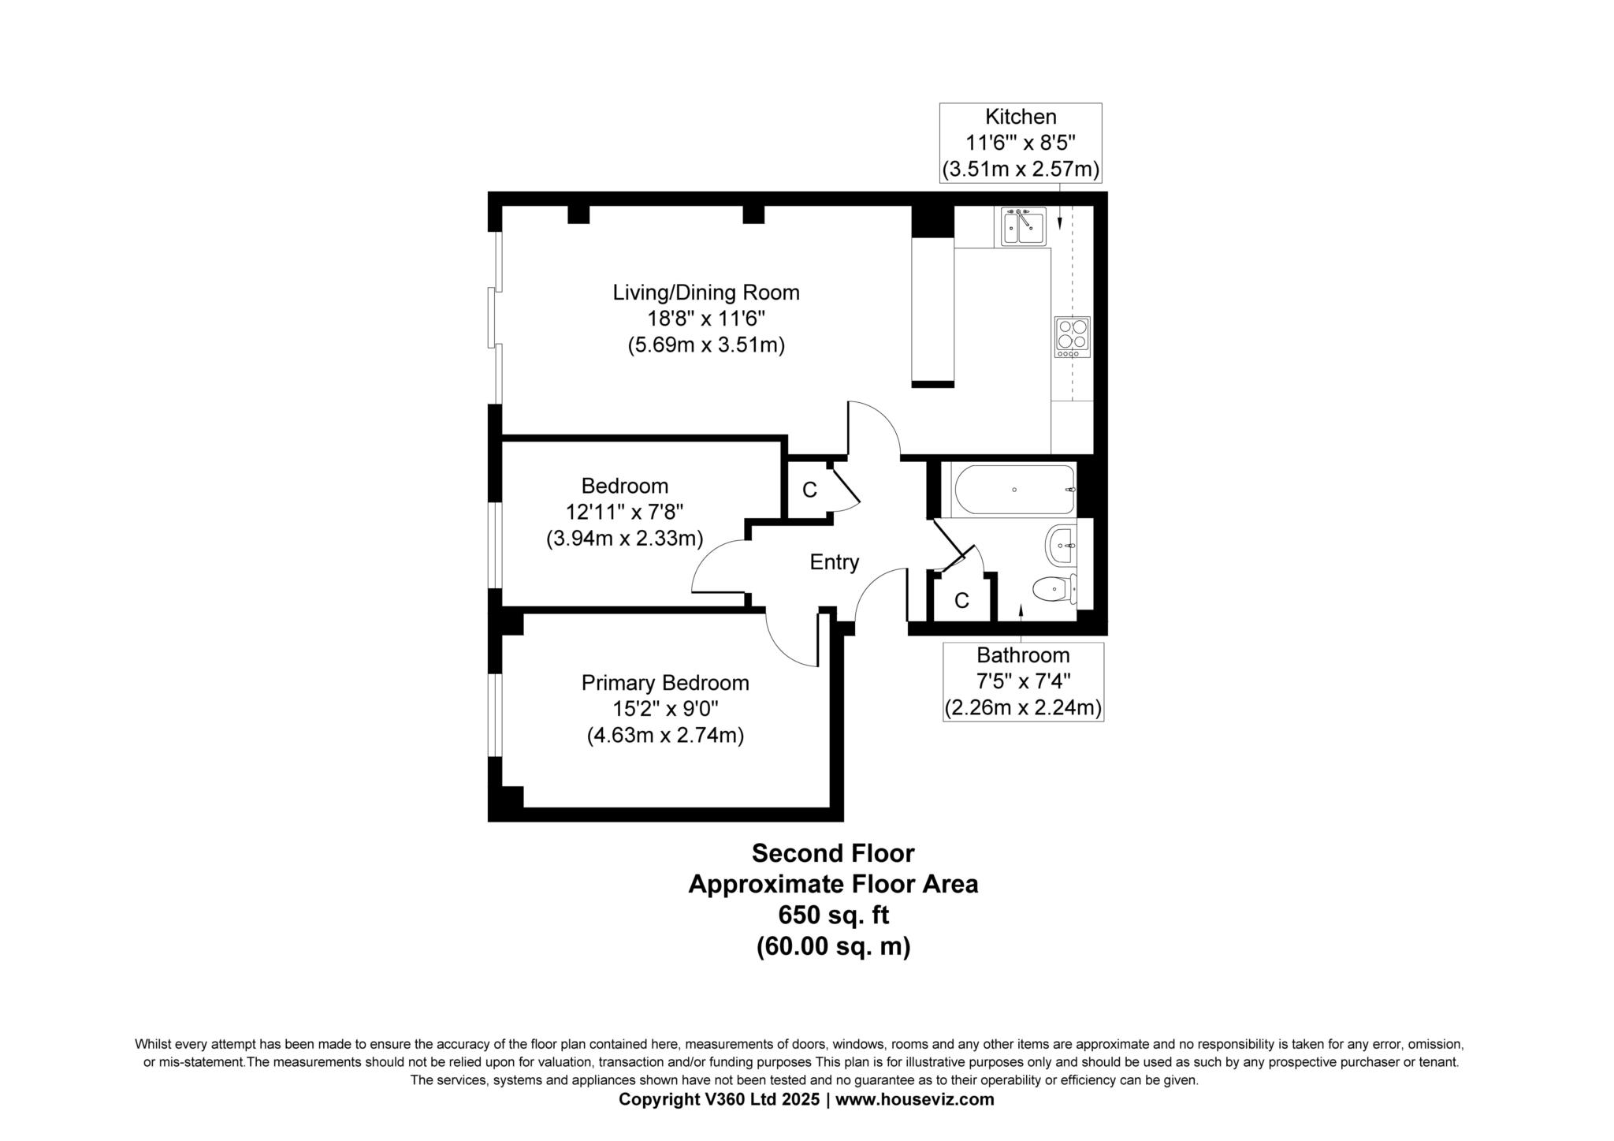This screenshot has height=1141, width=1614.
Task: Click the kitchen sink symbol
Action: [1024, 226]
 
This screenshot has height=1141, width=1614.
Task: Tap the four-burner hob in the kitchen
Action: [1072, 337]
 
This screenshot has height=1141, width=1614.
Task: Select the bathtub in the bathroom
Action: [1014, 490]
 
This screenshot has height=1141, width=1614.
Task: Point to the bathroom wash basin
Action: [1061, 546]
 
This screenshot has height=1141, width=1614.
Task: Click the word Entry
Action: [834, 562]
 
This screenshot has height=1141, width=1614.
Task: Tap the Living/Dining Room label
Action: [706, 293]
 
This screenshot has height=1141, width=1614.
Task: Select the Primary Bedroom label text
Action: [665, 683]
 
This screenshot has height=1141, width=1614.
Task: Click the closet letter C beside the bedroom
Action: [809, 490]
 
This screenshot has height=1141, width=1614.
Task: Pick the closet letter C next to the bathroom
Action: [961, 601]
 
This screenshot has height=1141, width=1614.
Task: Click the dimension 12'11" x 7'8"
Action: [624, 513]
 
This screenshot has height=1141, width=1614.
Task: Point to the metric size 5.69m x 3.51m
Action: [706, 345]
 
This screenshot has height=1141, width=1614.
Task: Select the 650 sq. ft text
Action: [833, 915]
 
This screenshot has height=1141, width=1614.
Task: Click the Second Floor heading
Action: [833, 853]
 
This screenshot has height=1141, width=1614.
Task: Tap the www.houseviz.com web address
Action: [914, 1099]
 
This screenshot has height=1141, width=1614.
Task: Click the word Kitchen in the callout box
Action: [1021, 117]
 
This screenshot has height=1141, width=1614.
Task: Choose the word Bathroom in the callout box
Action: [1023, 655]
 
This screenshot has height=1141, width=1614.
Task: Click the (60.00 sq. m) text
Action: [833, 946]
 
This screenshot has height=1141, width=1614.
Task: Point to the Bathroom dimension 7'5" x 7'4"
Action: [1023, 681]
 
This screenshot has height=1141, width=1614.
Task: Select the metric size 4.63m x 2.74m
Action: [665, 736]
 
